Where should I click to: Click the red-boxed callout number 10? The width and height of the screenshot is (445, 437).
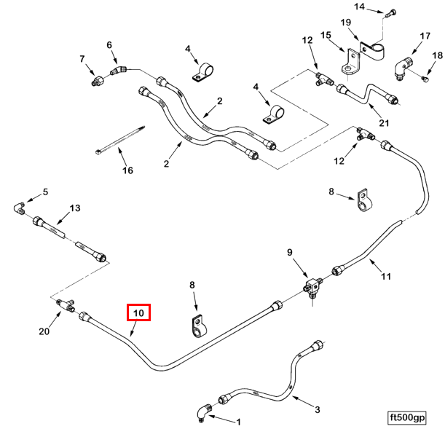click(x=138, y=312)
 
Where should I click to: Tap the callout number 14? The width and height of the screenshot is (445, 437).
click(x=359, y=7)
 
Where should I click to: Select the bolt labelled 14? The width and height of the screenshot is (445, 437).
click(x=390, y=13)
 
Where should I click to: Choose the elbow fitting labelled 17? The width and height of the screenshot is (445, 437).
click(x=403, y=68)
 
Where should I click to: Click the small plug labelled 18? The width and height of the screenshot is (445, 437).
click(x=425, y=79)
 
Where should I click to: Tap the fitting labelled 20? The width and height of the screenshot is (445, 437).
click(x=65, y=304)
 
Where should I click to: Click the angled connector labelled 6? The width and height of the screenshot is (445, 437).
click(x=119, y=70)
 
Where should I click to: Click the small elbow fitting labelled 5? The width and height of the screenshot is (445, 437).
click(x=19, y=208)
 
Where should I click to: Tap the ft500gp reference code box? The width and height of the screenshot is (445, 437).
click(x=407, y=418)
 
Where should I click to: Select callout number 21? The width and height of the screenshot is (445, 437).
click(x=384, y=123)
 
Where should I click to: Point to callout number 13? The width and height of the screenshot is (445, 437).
click(x=75, y=208)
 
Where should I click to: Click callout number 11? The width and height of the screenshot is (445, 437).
click(x=386, y=276)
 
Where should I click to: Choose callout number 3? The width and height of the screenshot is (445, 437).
click(x=318, y=409)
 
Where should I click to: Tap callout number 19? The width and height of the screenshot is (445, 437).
click(x=346, y=22)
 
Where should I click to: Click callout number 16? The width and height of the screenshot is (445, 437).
click(x=127, y=170)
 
